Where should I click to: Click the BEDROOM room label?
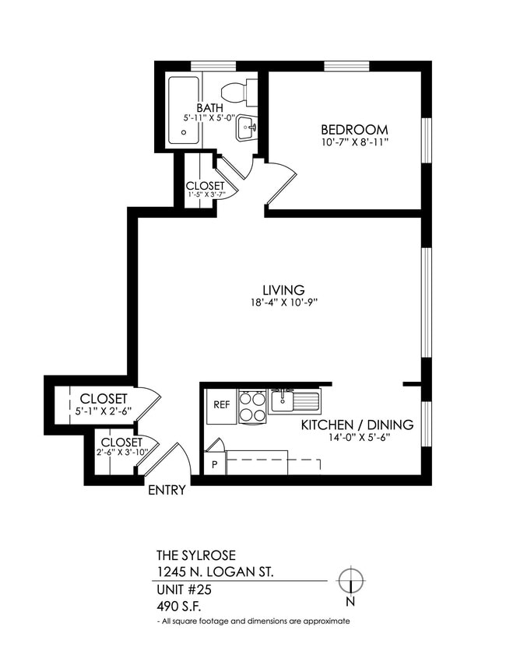354,129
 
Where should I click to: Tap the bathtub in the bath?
184,110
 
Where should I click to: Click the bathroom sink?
247,128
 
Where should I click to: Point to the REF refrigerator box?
221,405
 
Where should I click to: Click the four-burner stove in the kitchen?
252,406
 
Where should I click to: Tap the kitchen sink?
293,401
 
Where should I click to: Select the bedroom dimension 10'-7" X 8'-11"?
354,142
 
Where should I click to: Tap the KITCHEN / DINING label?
357,425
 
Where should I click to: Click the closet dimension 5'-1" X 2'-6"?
103,412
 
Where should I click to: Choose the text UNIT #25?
184,590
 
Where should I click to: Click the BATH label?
210,107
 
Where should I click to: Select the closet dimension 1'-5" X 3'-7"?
205,194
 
